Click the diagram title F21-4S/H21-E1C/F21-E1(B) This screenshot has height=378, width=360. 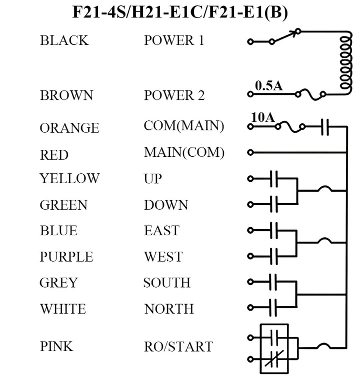(x=180, y=13)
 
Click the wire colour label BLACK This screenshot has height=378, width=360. (x=64, y=40)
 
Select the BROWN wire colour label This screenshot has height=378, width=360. (x=66, y=95)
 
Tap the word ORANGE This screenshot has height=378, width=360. (x=69, y=128)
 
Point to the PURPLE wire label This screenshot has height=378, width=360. (x=66, y=257)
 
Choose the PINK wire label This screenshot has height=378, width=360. (x=56, y=346)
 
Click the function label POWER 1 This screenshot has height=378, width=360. (x=174, y=40)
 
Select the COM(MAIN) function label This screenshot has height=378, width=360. (x=183, y=126)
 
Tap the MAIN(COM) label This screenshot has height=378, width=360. (x=184, y=152)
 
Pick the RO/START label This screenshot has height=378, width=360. (x=178, y=347)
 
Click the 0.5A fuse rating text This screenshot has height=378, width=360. (x=268, y=86)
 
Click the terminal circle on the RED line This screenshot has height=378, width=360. (x=250, y=152)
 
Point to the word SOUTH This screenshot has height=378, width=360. (x=166, y=283)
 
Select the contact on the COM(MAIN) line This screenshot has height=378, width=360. (x=324, y=127)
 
